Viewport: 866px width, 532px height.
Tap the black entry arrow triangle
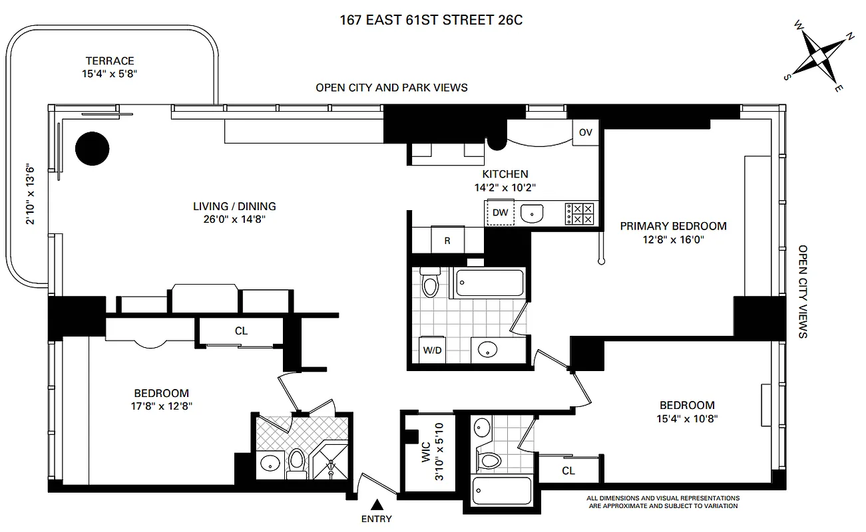(377, 505)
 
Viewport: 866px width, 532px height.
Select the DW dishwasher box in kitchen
(501, 213)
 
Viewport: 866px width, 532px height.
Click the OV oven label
(585, 132)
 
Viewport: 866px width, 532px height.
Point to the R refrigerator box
(447, 240)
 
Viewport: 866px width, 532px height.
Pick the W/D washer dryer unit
(431, 349)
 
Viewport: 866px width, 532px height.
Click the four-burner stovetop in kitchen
(579, 213)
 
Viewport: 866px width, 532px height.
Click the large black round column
(92, 148)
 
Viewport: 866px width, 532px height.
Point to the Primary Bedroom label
(673, 226)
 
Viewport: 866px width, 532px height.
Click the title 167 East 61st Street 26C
(431, 21)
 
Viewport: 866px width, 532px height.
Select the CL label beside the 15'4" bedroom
(568, 471)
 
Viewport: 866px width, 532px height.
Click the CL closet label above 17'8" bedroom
(241, 331)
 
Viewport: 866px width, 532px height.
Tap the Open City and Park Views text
(391, 87)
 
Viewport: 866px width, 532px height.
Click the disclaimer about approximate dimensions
(662, 501)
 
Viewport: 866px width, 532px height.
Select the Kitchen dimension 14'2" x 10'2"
(511, 188)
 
